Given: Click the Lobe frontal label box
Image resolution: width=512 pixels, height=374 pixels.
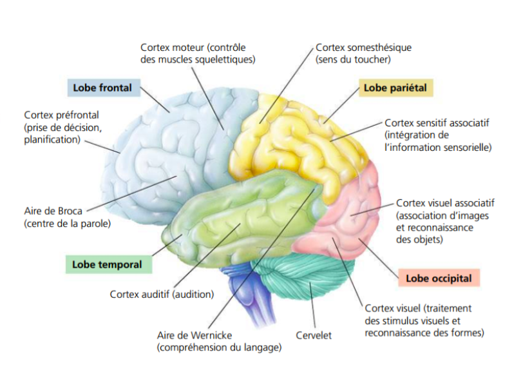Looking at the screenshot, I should tap(102, 88).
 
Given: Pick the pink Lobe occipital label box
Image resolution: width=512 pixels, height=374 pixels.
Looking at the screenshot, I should tap(439, 279).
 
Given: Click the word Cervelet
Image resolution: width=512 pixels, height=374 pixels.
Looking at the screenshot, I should tap(313, 335).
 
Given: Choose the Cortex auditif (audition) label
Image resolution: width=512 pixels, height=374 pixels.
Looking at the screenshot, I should tap(161, 295).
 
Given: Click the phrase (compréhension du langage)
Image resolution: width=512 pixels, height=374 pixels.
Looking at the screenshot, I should tap(219, 348).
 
